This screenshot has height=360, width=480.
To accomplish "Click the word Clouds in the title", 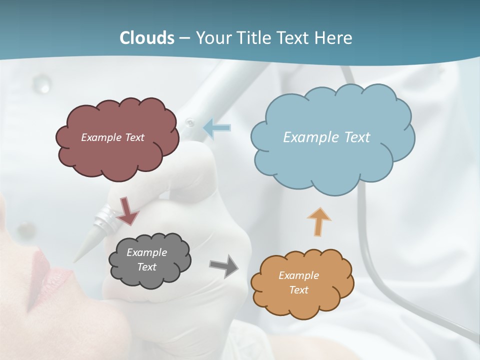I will click(147, 38).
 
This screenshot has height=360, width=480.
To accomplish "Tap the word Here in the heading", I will click(335, 38).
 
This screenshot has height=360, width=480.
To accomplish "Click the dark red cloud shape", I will click(117, 150).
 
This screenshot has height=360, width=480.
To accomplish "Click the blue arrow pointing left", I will click(217, 128).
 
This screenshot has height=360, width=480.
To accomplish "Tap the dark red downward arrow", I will click(127, 211).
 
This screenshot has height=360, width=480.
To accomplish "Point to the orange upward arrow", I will click(319, 221).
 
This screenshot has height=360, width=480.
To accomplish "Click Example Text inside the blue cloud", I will click(326, 137).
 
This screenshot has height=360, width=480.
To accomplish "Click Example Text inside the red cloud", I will click(112, 137).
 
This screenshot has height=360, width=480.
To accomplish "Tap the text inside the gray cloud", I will click(146, 259).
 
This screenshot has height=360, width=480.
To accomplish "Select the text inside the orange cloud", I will click(298, 282).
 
